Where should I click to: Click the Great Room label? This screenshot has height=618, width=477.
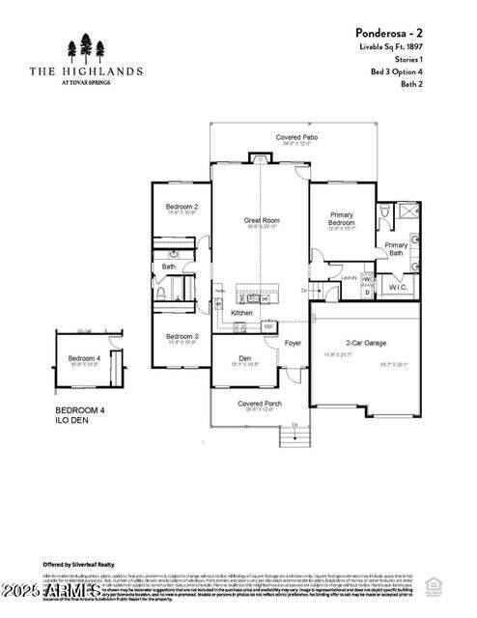261,220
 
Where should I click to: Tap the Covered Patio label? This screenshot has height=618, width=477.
296,138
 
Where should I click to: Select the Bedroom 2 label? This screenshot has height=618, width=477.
182,207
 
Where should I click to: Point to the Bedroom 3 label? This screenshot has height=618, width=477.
182,336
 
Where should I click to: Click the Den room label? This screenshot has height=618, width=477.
245,359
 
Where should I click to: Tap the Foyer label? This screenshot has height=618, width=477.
293,343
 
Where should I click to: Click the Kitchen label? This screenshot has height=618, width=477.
241,313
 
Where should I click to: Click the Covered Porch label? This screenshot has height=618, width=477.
259,403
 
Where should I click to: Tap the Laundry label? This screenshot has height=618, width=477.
350,277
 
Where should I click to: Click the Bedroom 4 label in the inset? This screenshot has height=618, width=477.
84,359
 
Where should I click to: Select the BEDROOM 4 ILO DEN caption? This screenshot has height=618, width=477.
79,415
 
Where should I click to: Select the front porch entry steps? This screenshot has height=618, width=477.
295,436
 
